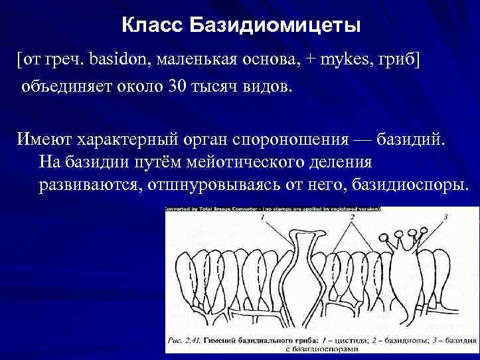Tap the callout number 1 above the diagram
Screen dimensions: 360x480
(x=263, y=217)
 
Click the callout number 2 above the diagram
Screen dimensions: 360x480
(x=352, y=217)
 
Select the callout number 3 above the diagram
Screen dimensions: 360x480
(x=445, y=217)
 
